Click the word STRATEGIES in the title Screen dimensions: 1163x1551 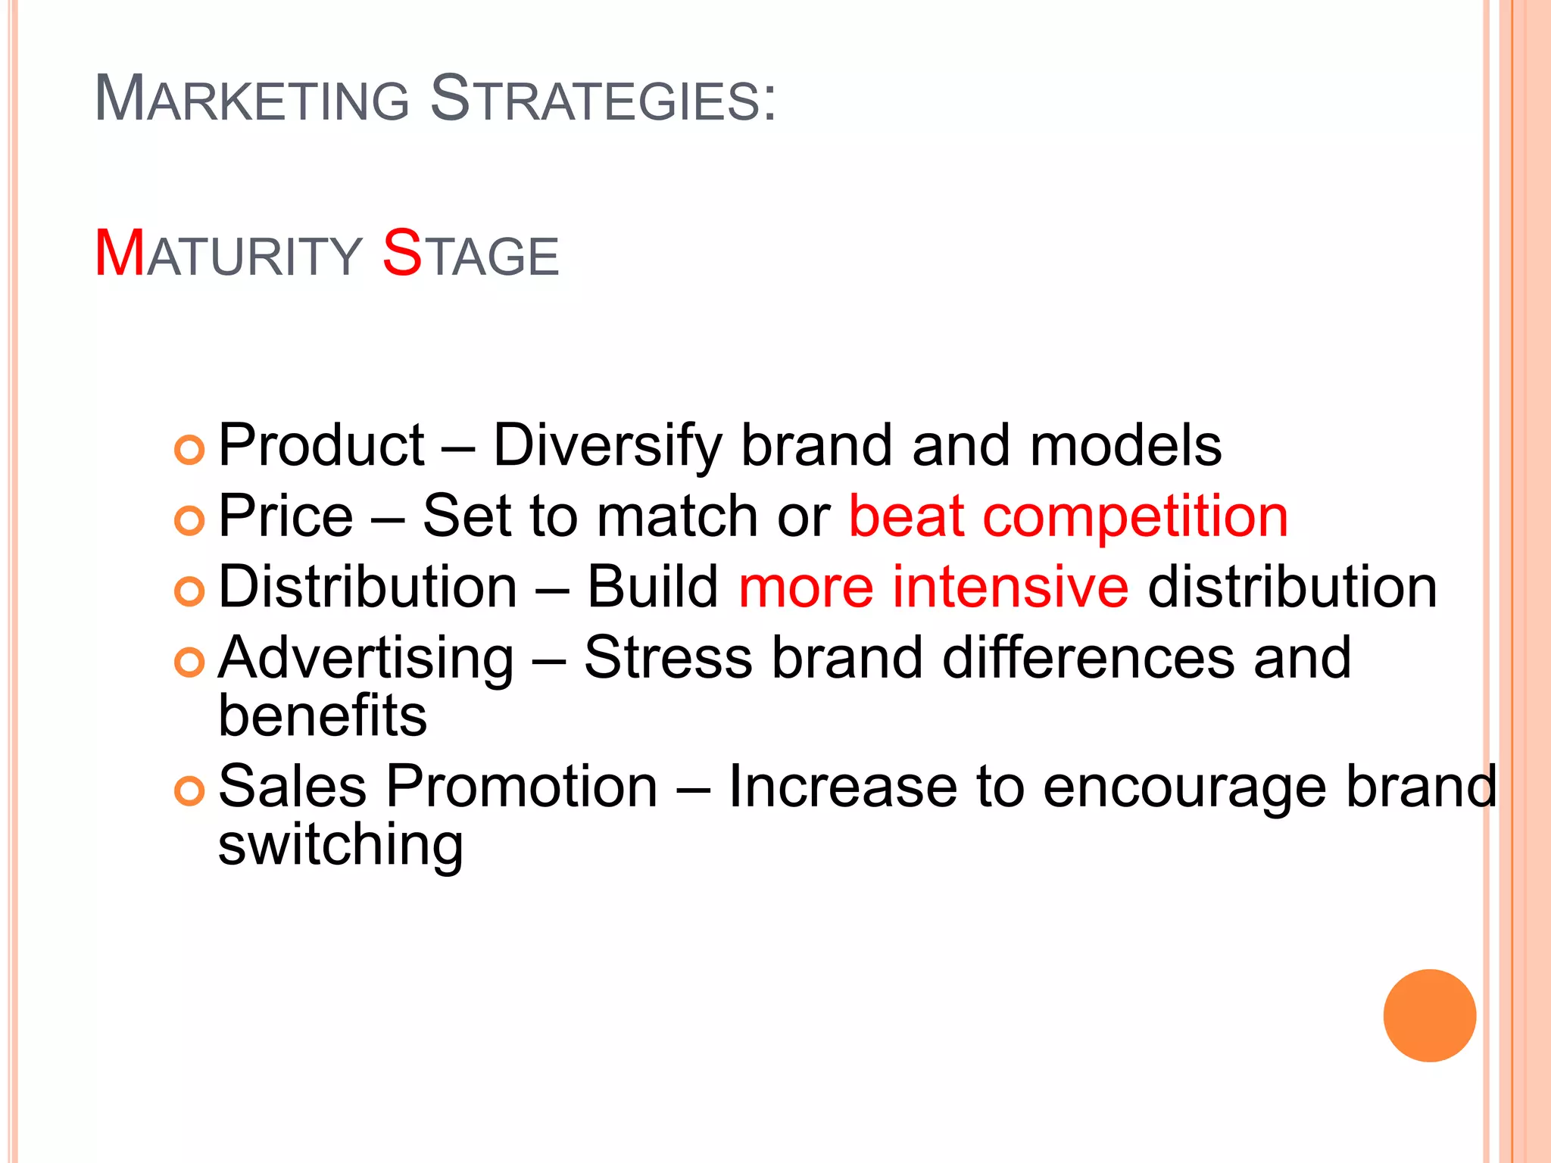[x=603, y=98]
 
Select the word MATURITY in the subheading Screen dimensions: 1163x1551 [x=228, y=254]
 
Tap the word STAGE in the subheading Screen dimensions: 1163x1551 [x=470, y=254]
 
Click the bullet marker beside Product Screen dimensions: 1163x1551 [x=189, y=450]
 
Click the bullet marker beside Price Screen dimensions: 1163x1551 [x=189, y=521]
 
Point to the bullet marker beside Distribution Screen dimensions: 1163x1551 [x=189, y=591]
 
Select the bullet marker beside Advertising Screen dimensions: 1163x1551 [x=189, y=663]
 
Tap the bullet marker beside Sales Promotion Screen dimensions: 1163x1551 [x=189, y=791]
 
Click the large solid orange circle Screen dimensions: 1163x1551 [x=1429, y=1015]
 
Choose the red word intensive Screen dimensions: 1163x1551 [x=1010, y=588]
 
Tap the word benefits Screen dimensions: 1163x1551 [x=323, y=716]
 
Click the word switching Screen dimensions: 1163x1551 [x=340, y=847]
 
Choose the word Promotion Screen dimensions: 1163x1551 [x=522, y=787]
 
